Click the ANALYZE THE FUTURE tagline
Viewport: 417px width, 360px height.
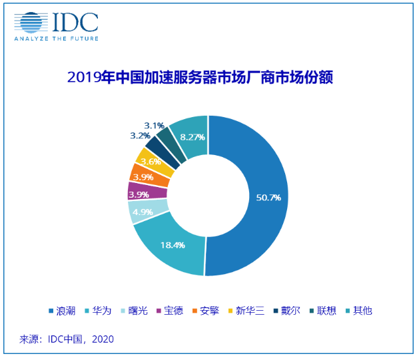click(57, 39)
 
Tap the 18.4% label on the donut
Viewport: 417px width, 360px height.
click(172, 245)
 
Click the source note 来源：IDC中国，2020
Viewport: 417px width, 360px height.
click(67, 339)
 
